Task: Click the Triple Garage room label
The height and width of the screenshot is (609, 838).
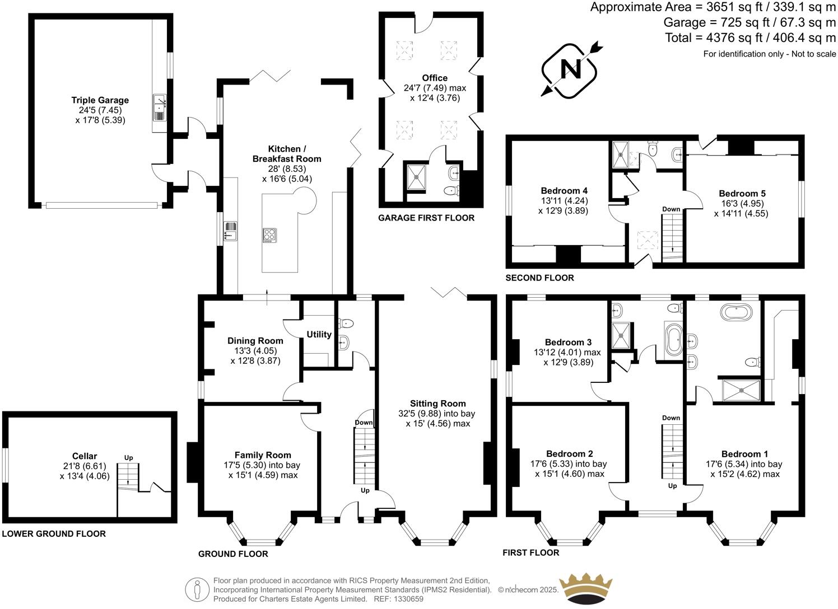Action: (x=100, y=100)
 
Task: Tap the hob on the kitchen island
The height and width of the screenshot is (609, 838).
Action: (x=269, y=235)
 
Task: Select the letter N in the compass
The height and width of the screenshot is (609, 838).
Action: (x=571, y=70)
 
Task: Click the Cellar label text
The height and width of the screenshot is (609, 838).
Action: (x=85, y=456)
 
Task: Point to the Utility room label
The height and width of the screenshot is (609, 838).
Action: (x=319, y=335)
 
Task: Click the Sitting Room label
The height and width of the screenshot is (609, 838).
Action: (x=437, y=404)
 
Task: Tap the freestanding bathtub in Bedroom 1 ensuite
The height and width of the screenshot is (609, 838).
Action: (x=736, y=312)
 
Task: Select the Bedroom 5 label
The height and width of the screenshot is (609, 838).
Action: (x=742, y=194)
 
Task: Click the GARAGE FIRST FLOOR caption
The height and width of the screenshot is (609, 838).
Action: (x=426, y=218)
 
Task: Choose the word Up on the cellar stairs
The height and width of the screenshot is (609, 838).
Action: (x=129, y=458)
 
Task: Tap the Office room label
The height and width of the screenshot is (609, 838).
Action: (x=435, y=78)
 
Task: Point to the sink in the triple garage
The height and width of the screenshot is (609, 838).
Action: (x=160, y=107)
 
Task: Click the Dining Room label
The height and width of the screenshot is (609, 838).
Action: (x=255, y=341)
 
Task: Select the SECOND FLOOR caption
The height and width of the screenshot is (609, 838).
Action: (x=539, y=278)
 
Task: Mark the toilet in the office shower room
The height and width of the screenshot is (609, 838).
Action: (x=451, y=191)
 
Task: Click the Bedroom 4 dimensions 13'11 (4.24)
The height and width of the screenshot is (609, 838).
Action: (x=564, y=201)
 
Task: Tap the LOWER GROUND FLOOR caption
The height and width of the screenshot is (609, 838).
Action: (x=54, y=533)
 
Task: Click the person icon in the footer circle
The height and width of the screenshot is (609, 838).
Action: (x=197, y=590)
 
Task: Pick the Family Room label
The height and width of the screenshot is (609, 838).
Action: (x=263, y=455)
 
